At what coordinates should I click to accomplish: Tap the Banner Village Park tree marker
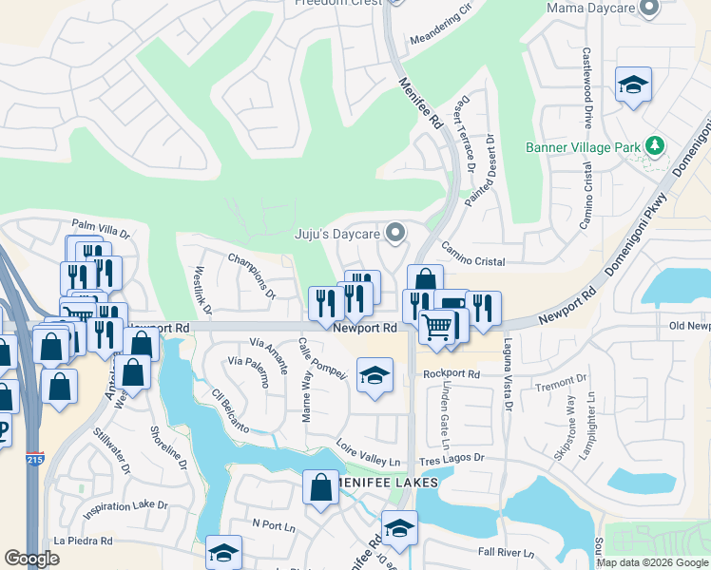point(654,146)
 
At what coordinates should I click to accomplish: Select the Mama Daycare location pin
point(650,9)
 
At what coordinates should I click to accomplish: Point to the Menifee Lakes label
point(391,483)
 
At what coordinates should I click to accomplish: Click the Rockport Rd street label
point(452,374)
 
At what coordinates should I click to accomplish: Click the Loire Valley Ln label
point(369,452)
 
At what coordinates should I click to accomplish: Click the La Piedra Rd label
point(84,541)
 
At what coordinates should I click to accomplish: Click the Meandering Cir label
point(440,28)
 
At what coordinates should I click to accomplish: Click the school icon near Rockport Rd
point(375,375)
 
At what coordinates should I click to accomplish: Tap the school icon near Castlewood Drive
point(633,85)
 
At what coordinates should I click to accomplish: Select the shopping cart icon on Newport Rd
point(436,328)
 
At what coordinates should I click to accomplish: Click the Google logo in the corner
point(31,559)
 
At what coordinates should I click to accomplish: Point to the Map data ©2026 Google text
point(653,562)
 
